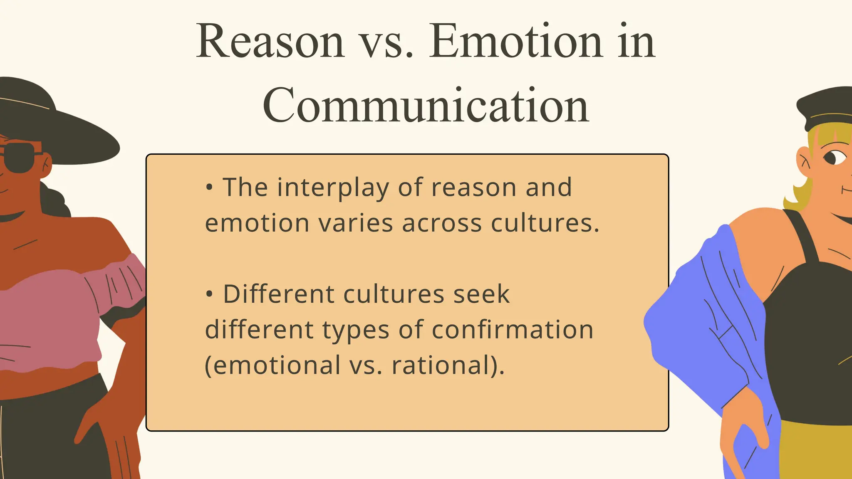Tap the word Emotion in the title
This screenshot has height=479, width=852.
(516, 42)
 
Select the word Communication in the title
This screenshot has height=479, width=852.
(426, 106)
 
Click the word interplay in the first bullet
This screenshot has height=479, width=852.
(333, 188)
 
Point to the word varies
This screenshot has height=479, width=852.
(355, 223)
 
